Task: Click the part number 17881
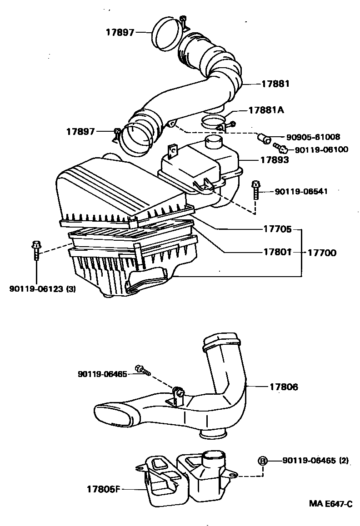tap(275, 84)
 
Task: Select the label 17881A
tap(266, 110)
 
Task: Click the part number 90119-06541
tap(301, 192)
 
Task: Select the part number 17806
tap(283, 387)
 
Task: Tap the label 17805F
tap(103, 489)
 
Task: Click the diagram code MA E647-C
tap(330, 503)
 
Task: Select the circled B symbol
tap(262, 461)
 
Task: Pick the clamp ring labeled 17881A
tap(213, 122)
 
